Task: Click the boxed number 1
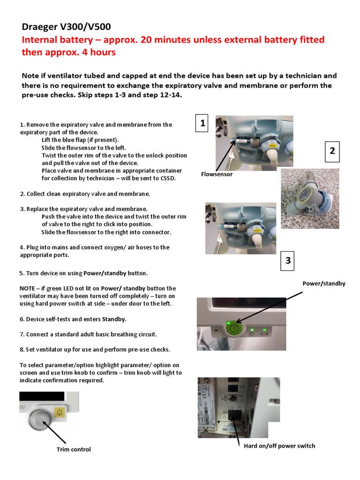point(202,123)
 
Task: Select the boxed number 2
point(332,150)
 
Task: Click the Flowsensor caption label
point(217,174)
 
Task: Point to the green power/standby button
point(232,328)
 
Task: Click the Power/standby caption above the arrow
point(323,284)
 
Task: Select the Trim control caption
point(74,450)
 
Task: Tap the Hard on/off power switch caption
point(279,446)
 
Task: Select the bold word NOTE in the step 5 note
point(28,288)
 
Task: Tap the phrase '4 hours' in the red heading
point(99,52)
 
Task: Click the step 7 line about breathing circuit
point(88,334)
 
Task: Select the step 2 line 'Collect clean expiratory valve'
point(85,194)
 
